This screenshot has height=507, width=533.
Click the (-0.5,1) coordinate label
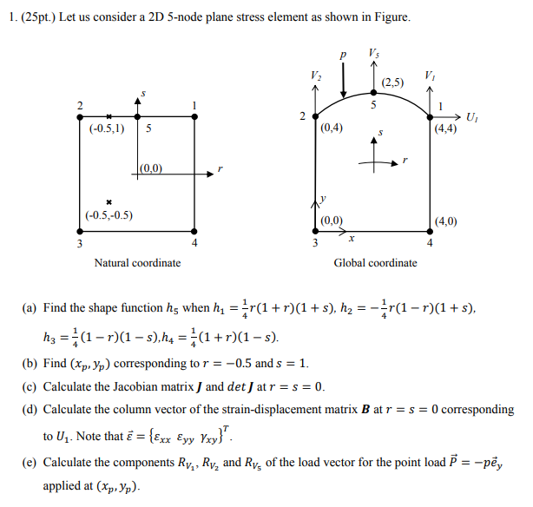pos(107,128)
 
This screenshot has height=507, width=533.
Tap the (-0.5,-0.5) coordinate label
pos(109,214)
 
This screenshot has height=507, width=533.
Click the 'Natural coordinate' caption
pos(137,262)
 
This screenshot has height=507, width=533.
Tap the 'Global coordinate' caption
pos(375,262)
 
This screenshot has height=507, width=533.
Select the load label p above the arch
pos(345,55)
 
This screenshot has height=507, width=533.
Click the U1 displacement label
pos(470,116)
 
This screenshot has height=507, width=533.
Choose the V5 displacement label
pos(374,53)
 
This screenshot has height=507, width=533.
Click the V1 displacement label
pos(431,76)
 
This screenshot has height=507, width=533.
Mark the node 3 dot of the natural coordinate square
pos(80,231)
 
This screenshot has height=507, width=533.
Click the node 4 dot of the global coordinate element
pos(431,231)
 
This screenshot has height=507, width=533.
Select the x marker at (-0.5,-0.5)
pos(109,200)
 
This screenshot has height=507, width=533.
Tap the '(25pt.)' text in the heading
pos(38,17)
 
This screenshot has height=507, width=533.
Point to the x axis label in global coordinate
pos(351,236)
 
